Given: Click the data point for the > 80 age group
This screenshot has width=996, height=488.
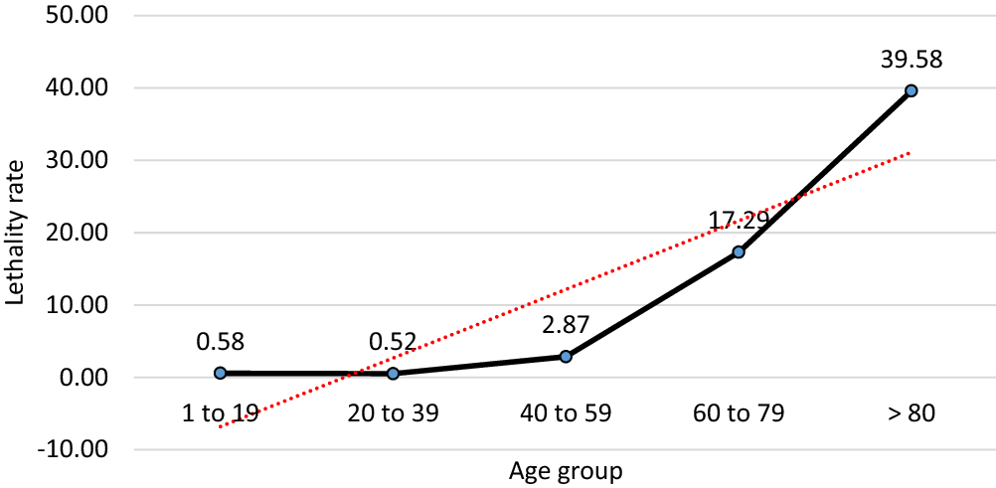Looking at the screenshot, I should click(911, 90).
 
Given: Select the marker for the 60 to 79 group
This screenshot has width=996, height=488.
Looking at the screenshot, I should click(739, 252).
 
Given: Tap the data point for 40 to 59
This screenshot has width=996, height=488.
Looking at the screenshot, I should click(566, 356).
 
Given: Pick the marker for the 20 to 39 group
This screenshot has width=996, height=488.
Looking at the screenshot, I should click(393, 374).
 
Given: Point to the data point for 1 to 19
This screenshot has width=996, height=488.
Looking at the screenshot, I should click(220, 373).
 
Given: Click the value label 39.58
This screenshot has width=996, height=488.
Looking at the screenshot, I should click(911, 59).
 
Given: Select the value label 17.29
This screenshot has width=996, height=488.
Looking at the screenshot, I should click(739, 220).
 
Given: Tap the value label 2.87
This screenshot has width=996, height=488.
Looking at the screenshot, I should click(566, 324).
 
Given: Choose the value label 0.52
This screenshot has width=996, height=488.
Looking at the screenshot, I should click(393, 341).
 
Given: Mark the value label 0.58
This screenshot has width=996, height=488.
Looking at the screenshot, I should click(220, 341).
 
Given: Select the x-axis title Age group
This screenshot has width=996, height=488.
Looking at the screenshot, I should click(565, 470).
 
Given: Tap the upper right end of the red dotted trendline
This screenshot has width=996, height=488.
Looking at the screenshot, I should click(909, 153).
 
